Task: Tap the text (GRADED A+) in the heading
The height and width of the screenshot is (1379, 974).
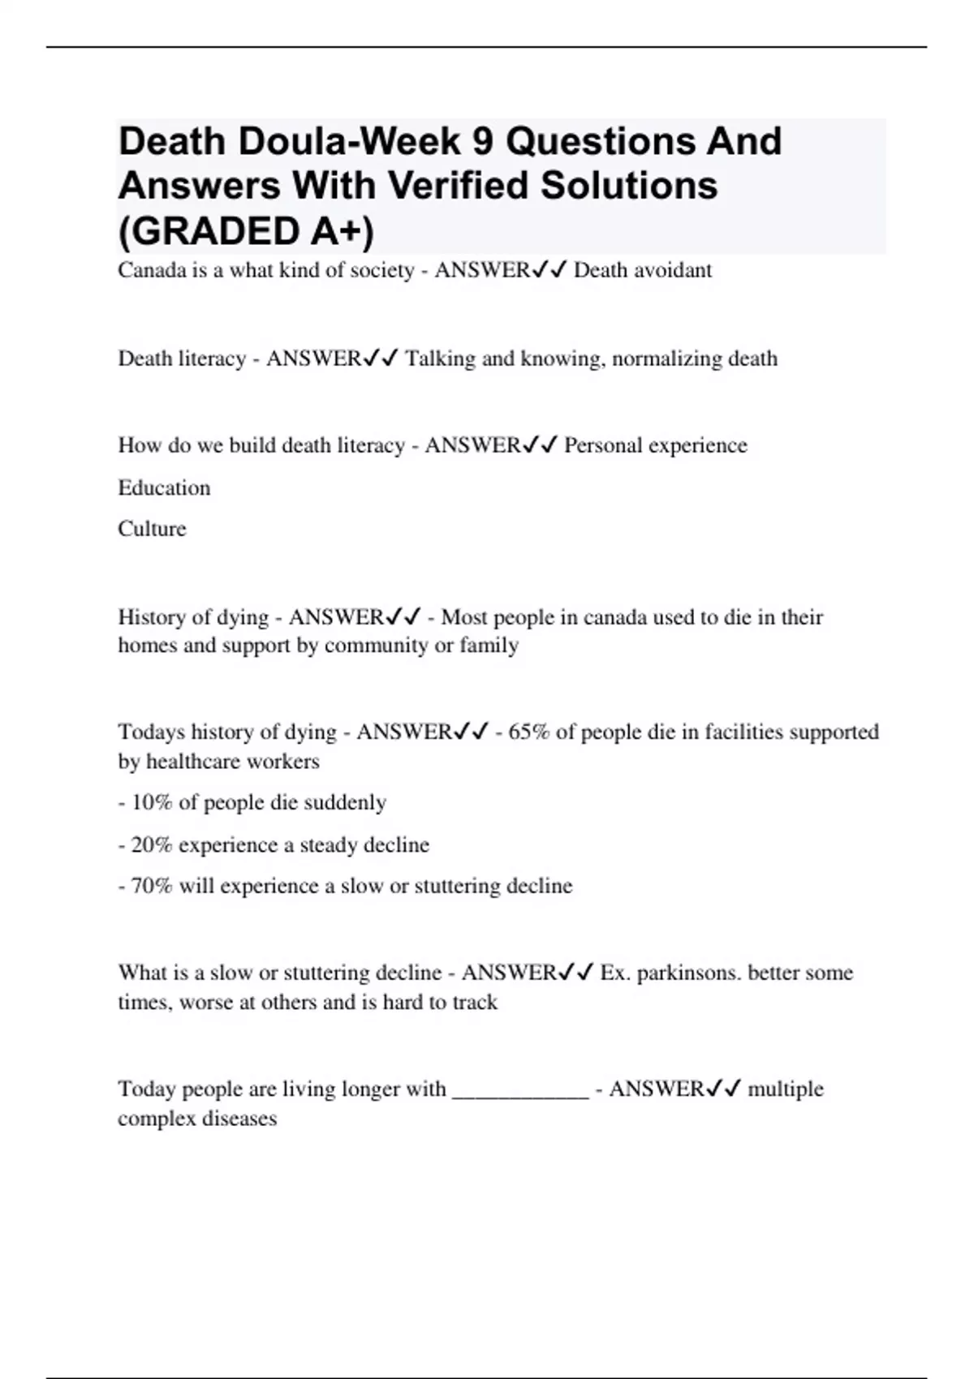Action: point(246,231)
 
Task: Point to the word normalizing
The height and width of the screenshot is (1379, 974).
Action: point(666,359)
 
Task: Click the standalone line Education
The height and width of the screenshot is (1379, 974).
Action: point(164,488)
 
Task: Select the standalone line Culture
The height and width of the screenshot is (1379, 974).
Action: point(152,529)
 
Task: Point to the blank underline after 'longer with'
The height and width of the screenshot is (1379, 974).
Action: point(519,1090)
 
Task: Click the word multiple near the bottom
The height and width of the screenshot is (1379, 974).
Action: point(785,1089)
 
